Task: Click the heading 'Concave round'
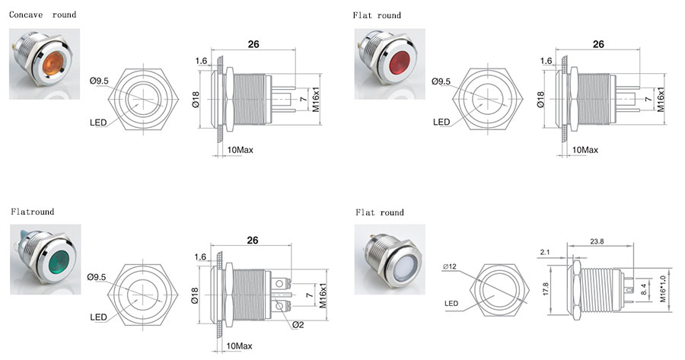(43, 14)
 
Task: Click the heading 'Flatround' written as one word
(32, 211)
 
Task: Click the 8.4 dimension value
(646, 288)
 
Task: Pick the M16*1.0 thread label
(664, 287)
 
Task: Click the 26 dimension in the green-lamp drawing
(253, 240)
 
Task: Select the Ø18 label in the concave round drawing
(196, 98)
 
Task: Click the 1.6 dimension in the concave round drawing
(201, 60)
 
